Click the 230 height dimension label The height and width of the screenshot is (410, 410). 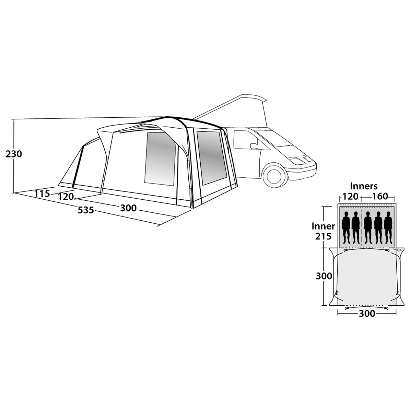tap(14, 154)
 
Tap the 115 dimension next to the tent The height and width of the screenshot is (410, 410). tap(42, 194)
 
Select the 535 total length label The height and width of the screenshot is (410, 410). tap(86, 210)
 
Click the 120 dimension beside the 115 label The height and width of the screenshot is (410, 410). tap(66, 196)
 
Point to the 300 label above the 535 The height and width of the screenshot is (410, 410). tap(128, 208)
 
